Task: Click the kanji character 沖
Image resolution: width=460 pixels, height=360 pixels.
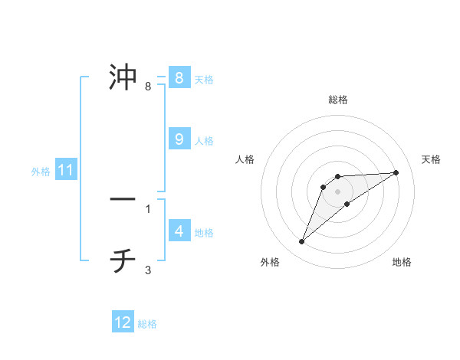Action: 123,77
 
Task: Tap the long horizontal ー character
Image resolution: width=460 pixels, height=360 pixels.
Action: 123,199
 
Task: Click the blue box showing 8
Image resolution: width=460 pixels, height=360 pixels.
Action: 179,77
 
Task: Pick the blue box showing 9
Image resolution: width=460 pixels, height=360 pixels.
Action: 179,139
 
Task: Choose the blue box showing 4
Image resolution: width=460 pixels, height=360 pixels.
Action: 179,231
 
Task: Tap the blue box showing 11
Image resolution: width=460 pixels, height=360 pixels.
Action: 66,171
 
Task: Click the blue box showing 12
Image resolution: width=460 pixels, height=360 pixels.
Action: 123,322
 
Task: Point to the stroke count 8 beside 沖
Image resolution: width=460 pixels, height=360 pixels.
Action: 148,87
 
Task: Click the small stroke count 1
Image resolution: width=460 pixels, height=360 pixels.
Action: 148,208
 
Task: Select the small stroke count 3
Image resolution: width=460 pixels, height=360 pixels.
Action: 148,270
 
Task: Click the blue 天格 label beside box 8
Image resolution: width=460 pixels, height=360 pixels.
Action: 204,79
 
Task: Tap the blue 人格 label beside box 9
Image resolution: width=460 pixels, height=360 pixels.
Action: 204,141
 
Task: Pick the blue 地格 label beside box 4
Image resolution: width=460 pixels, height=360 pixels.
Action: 204,233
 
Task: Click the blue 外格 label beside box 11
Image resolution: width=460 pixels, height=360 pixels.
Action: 41,172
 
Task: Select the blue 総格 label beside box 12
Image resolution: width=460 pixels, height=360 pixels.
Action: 147,324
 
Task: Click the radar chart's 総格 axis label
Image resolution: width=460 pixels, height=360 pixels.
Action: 338,100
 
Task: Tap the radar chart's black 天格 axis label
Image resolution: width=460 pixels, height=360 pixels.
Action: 432,159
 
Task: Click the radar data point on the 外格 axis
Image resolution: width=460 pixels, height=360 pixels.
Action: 302,242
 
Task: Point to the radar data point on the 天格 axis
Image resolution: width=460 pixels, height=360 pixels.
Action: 396,172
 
